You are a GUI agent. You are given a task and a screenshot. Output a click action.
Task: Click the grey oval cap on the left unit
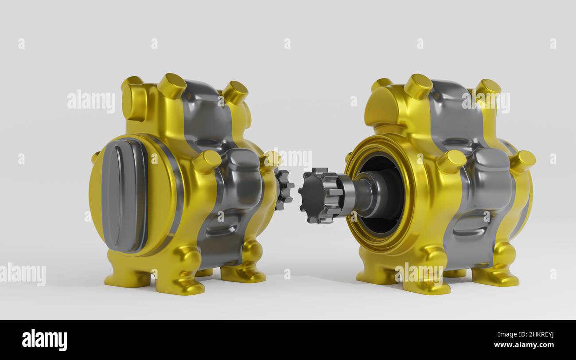coord(124,196)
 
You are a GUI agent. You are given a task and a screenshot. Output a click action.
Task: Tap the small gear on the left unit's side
coord(284,190)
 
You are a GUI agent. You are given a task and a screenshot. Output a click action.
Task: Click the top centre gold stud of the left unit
coord(172,86)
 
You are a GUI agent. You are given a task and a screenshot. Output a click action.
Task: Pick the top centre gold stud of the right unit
coord(418,86)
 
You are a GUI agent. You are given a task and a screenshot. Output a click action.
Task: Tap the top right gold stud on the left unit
coord(235,92)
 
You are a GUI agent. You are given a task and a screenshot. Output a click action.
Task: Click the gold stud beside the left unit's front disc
coord(207,161)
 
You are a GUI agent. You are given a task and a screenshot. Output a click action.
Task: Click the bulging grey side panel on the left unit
coord(241,177)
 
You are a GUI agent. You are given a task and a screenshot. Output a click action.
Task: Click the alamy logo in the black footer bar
coord(44,340)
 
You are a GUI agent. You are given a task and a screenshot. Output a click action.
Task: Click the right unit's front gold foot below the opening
coord(425,279)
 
